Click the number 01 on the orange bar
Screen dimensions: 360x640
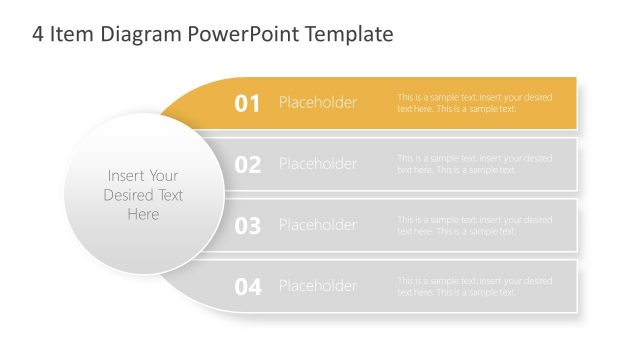pyautogui.click(x=247, y=103)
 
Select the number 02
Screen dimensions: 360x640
pyautogui.click(x=247, y=165)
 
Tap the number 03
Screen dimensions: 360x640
pyautogui.click(x=247, y=226)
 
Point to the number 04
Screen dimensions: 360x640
pyautogui.click(x=247, y=287)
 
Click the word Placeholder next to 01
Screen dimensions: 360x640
pyautogui.click(x=317, y=103)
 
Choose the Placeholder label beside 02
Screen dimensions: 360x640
pyautogui.click(x=317, y=164)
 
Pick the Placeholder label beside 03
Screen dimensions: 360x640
pyautogui.click(x=317, y=225)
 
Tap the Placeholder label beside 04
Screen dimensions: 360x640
pyautogui.click(x=317, y=286)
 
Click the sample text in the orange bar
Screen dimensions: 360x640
pyautogui.click(x=474, y=103)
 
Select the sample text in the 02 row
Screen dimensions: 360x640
pyautogui.click(x=474, y=164)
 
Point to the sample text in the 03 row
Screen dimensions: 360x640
pyautogui.click(x=474, y=225)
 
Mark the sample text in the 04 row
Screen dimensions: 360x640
pyautogui.click(x=474, y=286)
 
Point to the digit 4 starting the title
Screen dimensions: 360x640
pyautogui.click(x=37, y=35)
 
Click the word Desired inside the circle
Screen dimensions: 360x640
pyautogui.click(x=143, y=195)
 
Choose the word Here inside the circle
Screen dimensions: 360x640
pyautogui.click(x=143, y=214)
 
